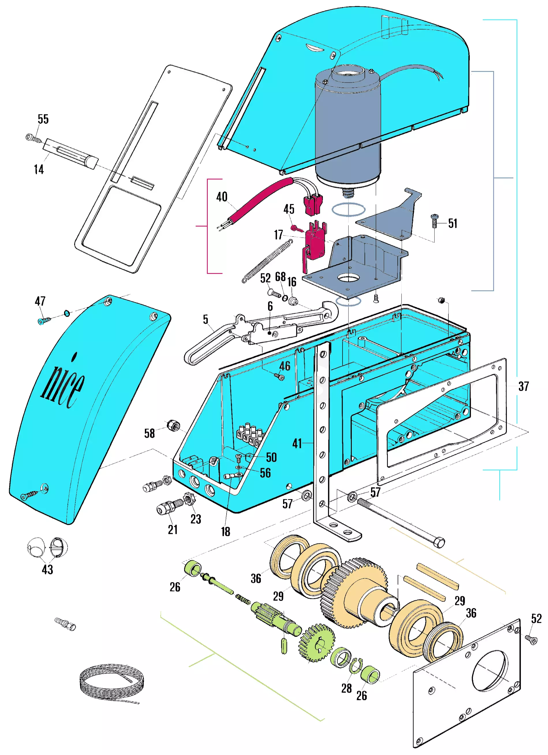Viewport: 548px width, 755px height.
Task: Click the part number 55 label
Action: [x=43, y=119]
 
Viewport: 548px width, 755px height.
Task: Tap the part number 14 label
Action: [x=39, y=169]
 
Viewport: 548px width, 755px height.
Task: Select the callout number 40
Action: [x=222, y=197]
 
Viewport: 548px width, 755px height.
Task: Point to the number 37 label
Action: [x=523, y=386]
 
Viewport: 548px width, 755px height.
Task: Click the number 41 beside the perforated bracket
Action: [x=297, y=443]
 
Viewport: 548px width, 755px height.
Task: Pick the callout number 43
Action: [x=47, y=569]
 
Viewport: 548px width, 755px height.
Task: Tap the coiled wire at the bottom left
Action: [x=111, y=683]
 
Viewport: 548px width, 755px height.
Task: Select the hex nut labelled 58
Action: [x=173, y=425]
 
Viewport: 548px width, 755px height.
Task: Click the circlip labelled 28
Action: [x=356, y=666]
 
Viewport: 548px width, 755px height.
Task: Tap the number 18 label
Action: [x=225, y=532]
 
